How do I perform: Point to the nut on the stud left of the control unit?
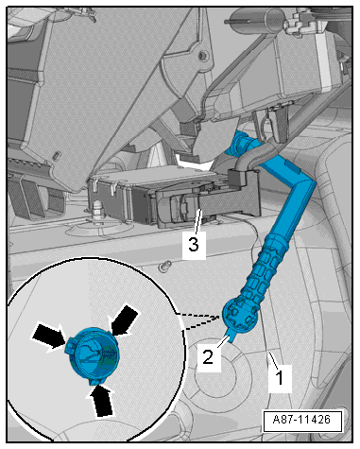pos(96,204)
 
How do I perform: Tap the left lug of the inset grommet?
pos(71,347)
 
